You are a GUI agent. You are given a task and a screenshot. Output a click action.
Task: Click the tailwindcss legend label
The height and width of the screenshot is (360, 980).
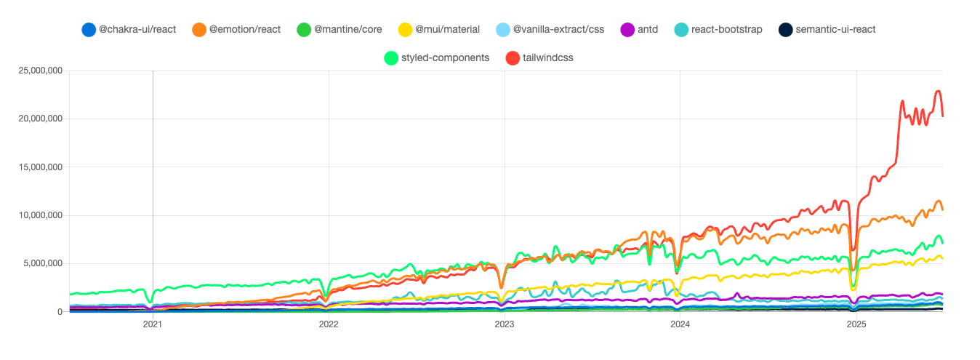click(x=548, y=57)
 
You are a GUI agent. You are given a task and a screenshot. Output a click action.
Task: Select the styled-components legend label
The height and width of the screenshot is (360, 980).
click(x=445, y=57)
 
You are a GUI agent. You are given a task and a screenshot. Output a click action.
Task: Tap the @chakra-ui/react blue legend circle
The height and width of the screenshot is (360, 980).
click(x=89, y=30)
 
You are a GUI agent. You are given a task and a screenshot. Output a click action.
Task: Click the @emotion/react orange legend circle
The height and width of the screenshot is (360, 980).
click(x=199, y=30)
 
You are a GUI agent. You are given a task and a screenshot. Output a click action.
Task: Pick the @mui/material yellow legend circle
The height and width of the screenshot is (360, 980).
click(x=405, y=30)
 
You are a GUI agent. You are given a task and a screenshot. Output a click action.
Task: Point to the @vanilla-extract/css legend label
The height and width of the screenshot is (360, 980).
click(x=558, y=30)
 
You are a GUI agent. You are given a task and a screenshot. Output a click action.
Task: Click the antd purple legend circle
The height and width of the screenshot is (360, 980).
click(x=627, y=30)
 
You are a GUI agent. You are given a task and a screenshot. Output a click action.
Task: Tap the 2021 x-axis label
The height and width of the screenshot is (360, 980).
click(x=153, y=324)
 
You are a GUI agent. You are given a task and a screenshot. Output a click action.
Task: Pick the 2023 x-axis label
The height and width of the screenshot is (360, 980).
click(x=505, y=324)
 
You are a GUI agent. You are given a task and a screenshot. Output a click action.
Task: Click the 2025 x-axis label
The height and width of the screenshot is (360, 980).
click(x=856, y=324)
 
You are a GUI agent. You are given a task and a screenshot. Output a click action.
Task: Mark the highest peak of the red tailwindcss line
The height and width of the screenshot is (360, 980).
click(x=939, y=91)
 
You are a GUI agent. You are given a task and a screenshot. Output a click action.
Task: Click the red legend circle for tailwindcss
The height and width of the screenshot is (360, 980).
click(x=512, y=57)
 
